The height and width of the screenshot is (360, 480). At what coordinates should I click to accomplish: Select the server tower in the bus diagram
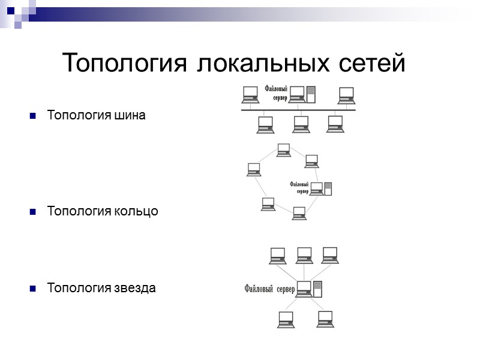[x=311, y=94]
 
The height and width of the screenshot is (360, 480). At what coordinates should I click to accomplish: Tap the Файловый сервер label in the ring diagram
[x=299, y=188]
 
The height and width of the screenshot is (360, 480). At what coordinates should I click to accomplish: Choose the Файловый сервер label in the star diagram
[x=269, y=289]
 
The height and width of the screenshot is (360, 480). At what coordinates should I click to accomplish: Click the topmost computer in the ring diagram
[x=283, y=149]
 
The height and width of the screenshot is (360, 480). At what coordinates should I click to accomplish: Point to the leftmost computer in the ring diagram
[x=254, y=169]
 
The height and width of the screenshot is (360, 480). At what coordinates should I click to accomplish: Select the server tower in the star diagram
[x=318, y=289]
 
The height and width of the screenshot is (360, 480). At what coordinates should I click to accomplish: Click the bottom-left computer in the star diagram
[x=286, y=319]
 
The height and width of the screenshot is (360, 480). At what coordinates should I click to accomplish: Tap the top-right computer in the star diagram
[x=331, y=255]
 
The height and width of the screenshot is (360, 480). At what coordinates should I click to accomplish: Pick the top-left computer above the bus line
[x=250, y=95]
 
